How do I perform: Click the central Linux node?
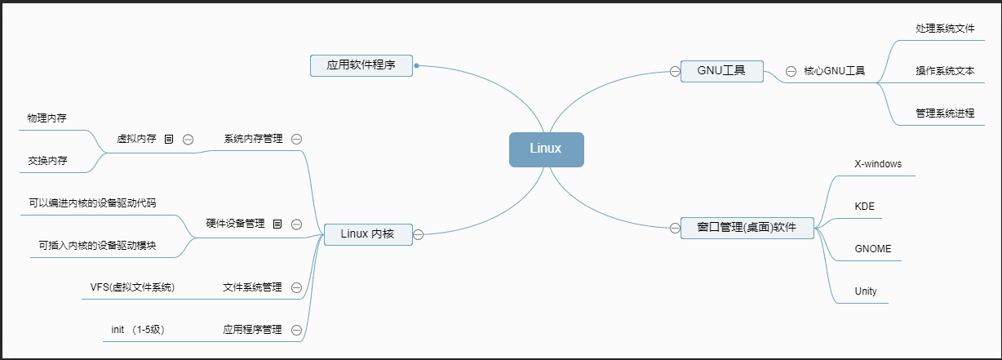546,149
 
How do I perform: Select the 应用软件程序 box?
361,65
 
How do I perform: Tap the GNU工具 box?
722,71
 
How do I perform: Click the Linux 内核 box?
367,234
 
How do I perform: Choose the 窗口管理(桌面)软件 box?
747,227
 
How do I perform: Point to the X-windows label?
878,163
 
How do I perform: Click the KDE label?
864,207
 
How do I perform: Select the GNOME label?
873,248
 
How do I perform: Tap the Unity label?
866,291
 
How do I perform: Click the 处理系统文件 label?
945,29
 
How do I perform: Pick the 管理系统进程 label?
945,113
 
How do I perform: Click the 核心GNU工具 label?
834,71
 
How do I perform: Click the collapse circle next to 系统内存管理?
296,139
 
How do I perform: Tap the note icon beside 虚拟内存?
169,139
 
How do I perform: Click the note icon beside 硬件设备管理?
277,223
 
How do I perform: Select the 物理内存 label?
47,118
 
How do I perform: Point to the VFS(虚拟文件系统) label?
132,287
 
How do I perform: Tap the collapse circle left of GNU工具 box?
675,71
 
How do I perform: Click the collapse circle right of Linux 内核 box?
418,235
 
